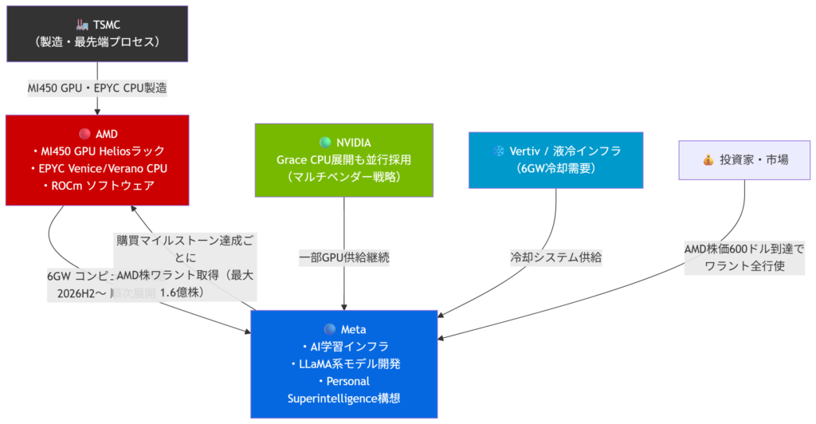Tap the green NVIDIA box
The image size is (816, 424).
(343, 159)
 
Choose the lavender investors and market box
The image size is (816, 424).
(744, 159)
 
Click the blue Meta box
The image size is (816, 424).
(343, 363)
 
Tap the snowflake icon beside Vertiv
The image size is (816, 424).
(500, 150)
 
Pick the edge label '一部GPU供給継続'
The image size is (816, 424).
(343, 257)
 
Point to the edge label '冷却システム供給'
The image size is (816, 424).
(555, 257)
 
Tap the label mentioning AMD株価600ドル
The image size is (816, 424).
(744, 257)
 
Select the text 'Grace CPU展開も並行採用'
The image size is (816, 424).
(343, 159)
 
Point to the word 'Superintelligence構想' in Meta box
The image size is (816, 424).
(343, 398)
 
